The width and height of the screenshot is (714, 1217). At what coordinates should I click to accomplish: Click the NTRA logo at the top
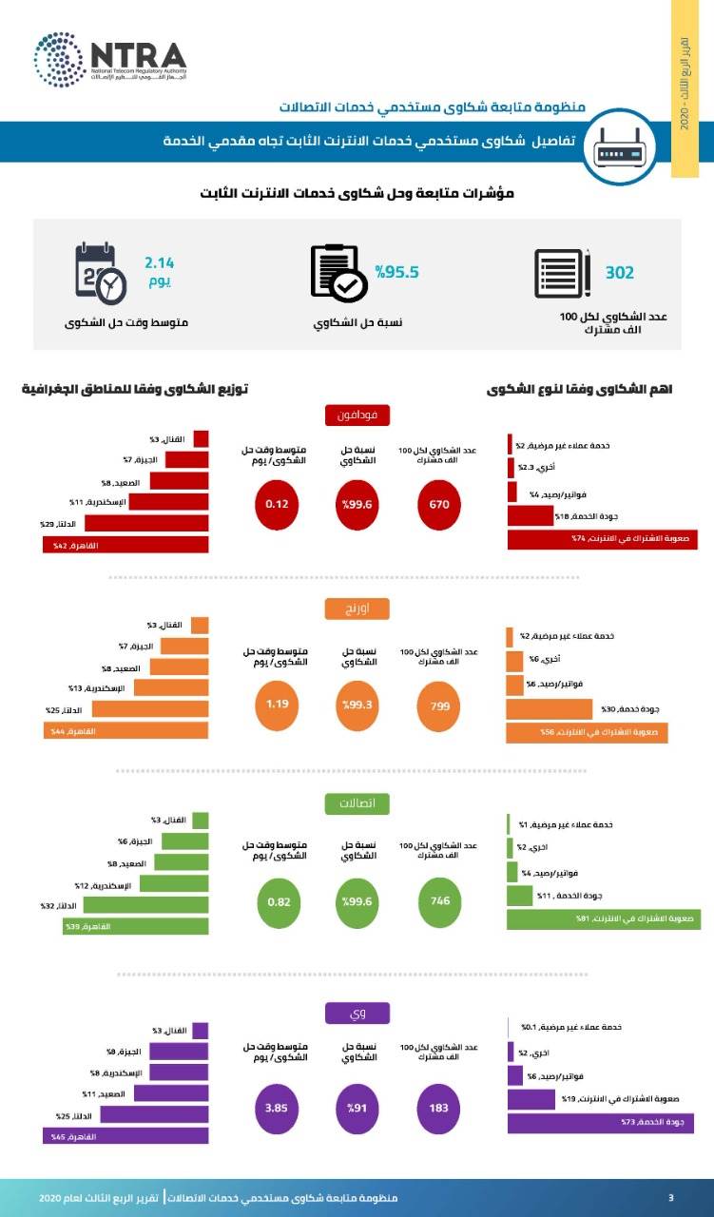109,59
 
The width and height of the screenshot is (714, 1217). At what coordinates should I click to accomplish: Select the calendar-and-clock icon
100,273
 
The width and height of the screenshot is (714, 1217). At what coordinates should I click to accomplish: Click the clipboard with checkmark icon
338,273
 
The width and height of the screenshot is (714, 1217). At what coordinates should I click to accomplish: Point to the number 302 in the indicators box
620,273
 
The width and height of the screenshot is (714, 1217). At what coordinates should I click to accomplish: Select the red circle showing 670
438,505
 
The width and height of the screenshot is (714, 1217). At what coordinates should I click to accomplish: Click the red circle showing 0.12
277,505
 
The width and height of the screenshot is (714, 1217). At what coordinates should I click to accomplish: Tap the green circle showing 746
439,901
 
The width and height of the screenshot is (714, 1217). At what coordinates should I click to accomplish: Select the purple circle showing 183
439,1108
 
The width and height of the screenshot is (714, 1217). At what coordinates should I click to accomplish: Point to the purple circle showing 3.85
277,1108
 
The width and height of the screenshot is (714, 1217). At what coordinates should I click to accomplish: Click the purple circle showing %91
357,1108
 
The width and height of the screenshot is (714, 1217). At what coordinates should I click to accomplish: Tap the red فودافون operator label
357,415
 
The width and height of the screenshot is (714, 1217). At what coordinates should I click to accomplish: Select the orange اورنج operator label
357,608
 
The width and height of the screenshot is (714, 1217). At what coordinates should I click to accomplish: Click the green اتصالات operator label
357,804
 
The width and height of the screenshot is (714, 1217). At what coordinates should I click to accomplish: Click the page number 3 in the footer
671,1196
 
